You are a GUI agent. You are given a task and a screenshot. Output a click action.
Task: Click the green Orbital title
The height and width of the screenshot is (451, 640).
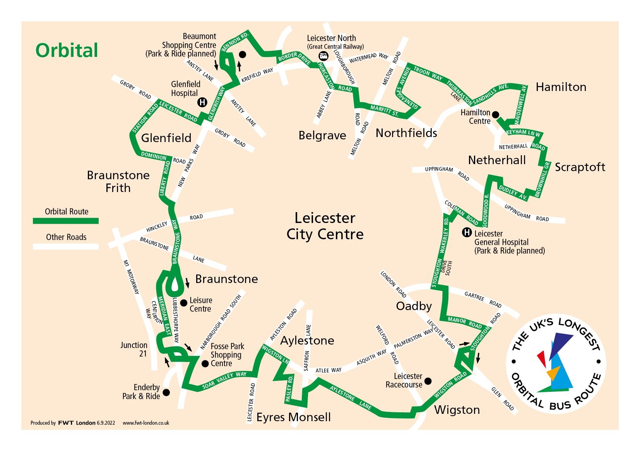tap(67, 51)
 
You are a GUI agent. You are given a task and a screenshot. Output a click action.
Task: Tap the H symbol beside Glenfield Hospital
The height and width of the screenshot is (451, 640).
tap(202, 102)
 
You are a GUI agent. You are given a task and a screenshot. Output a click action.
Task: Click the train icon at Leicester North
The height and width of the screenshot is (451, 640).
tap(323, 57)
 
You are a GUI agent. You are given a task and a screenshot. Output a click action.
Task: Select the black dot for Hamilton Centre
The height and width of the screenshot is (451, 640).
tap(495, 115)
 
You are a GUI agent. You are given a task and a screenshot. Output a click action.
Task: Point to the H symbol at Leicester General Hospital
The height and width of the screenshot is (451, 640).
tap(467, 233)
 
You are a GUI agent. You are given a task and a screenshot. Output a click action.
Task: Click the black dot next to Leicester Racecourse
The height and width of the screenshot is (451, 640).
tap(428, 381)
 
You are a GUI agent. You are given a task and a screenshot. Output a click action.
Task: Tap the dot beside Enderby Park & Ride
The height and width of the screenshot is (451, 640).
tap(166, 393)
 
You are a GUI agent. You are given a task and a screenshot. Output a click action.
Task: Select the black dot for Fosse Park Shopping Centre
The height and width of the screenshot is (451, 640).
tap(205, 364)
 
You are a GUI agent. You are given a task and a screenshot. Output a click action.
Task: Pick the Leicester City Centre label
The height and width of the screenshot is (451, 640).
tap(325, 226)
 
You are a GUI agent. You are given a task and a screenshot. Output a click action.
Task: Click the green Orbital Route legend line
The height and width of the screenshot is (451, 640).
tap(66, 221)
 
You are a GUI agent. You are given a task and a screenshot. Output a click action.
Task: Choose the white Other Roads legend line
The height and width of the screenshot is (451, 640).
tap(66, 246)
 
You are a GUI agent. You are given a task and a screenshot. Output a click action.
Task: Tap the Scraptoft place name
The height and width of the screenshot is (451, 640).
tap(580, 167)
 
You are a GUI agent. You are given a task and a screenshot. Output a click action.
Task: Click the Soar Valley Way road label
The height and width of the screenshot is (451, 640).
tap(224, 381)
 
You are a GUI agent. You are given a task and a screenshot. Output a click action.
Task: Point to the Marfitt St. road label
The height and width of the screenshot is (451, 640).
tap(384, 111)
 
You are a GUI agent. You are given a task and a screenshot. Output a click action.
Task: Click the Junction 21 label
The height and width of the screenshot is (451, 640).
tap(134, 349)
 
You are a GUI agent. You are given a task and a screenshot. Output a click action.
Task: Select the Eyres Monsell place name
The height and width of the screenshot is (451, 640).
tap(293, 417)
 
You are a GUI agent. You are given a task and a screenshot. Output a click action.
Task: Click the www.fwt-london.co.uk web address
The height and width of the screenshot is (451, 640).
tap(146, 423)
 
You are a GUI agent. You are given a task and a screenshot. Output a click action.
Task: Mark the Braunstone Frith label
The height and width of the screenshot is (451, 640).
tap(118, 182)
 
